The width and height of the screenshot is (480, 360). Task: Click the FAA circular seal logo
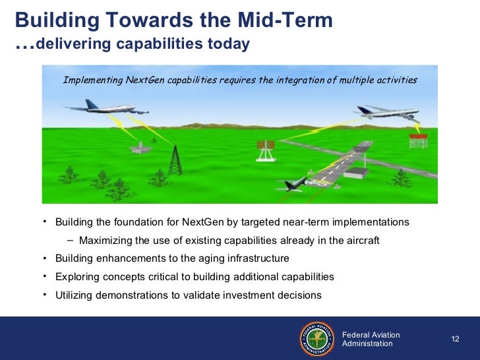(317, 339)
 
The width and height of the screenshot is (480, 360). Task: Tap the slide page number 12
(455, 339)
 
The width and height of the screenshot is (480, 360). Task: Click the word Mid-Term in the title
(285, 20)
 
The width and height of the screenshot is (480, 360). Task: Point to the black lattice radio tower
(175, 160)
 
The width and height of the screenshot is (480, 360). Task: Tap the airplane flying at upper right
(387, 113)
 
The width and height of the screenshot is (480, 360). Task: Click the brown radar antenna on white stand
(266, 150)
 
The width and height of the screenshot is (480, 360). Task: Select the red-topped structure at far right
(418, 141)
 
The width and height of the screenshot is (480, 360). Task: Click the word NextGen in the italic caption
(145, 80)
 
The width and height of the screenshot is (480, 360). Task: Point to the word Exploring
(77, 277)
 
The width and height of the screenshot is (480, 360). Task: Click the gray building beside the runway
(355, 173)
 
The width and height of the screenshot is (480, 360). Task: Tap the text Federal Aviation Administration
(371, 339)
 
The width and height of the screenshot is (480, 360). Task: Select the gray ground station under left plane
(140, 148)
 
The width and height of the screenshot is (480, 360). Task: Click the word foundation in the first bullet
(138, 222)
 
